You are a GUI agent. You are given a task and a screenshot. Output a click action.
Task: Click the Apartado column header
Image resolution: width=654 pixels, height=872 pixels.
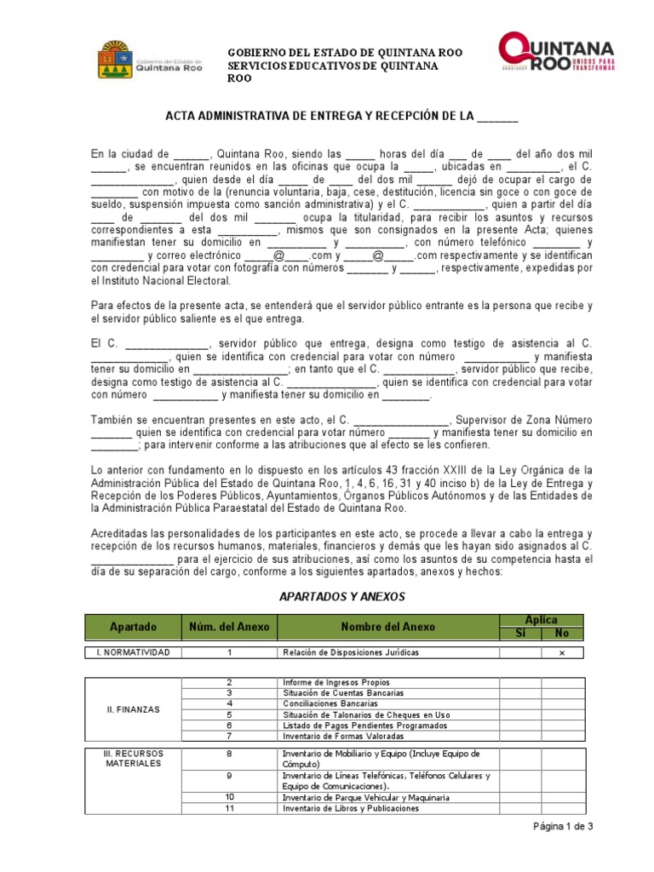[x=133, y=627]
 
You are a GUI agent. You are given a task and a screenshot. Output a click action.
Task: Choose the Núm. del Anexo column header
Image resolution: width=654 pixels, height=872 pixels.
[x=229, y=627]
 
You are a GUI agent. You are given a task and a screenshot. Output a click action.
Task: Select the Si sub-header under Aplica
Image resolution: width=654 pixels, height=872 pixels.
[x=520, y=634]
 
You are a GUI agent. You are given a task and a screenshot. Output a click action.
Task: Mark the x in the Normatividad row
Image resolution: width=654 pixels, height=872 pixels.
[x=561, y=653]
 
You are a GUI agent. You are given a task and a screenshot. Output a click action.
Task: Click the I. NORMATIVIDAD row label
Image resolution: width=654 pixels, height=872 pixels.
[x=133, y=653]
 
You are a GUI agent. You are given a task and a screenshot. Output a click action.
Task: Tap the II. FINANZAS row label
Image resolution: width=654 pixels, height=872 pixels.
[x=133, y=708]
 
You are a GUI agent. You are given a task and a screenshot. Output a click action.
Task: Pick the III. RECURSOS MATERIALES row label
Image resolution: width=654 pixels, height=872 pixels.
[x=133, y=759]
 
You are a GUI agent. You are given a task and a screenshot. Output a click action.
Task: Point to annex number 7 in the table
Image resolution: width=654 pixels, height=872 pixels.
[x=229, y=736]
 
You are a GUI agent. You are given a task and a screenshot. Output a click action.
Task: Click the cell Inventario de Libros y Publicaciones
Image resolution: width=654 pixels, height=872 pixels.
[x=350, y=808]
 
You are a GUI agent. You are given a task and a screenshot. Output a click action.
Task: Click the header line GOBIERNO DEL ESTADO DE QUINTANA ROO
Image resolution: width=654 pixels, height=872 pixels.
[x=344, y=53]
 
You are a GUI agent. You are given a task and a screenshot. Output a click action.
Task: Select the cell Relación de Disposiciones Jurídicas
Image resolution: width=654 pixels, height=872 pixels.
[x=350, y=653]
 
